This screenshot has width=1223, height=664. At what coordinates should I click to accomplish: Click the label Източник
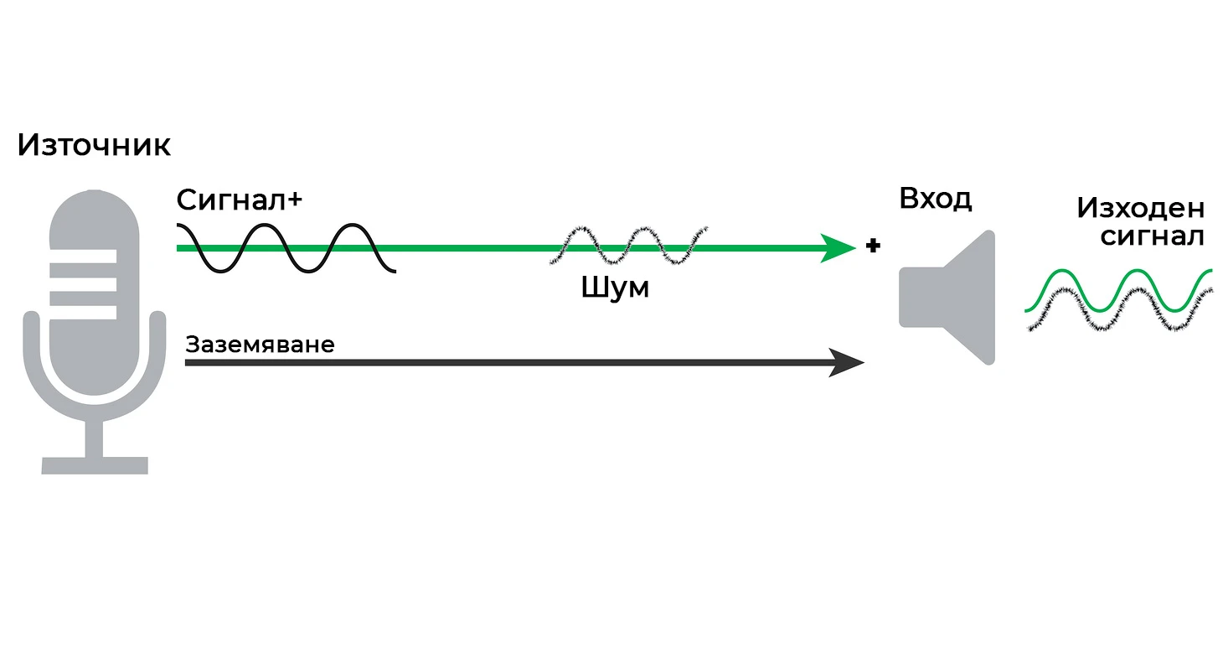[x=94, y=146]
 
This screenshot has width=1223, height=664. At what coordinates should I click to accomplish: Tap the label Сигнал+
[x=239, y=200]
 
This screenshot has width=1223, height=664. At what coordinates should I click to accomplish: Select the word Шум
[x=615, y=288]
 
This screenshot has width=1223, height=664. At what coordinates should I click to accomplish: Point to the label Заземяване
[x=260, y=345]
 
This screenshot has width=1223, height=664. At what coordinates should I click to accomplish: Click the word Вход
[x=935, y=200]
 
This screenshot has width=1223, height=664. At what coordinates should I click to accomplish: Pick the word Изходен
[x=1140, y=208]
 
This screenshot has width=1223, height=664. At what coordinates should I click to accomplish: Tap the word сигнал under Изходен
[x=1152, y=236]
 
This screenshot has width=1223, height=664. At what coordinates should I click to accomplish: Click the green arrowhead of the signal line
[x=838, y=247]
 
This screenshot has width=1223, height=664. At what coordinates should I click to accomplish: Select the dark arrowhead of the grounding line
[x=847, y=362]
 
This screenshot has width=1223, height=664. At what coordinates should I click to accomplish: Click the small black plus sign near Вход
[x=873, y=246]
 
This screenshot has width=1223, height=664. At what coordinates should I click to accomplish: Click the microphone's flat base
[x=95, y=465]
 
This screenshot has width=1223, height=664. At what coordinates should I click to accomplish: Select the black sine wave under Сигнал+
[x=285, y=248]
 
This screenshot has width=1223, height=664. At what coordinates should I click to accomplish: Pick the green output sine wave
[x=1118, y=290]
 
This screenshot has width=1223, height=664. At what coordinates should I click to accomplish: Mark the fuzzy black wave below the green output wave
[x=1118, y=310]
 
